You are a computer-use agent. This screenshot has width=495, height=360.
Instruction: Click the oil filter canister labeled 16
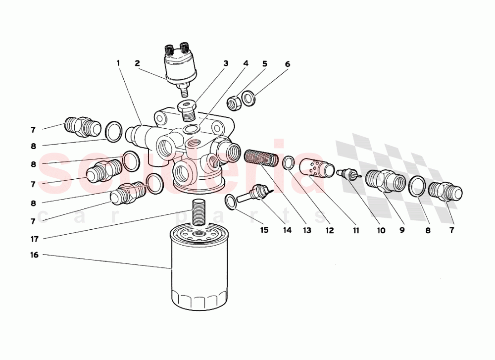[x=199, y=268]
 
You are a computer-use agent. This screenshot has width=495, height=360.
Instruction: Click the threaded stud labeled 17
[x=198, y=212]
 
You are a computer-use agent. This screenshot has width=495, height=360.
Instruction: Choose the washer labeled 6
[x=249, y=98]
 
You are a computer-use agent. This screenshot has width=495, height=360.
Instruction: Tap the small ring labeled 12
[x=288, y=162]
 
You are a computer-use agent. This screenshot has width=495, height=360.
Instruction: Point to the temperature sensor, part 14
[x=254, y=195]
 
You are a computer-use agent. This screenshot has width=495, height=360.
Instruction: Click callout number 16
[x=35, y=255]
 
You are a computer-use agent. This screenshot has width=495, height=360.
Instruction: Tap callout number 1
[x=118, y=63]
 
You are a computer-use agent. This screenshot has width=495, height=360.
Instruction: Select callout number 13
[x=307, y=230]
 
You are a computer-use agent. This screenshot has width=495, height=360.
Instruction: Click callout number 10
[x=381, y=230]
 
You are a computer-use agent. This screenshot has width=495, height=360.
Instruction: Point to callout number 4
[x=246, y=63]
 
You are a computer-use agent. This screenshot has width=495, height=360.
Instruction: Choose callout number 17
[x=35, y=239]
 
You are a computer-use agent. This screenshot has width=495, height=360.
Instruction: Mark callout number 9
[x=402, y=230]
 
